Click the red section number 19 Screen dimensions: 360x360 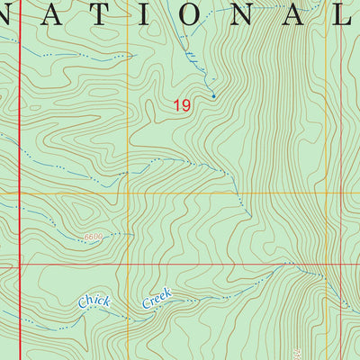coord(182,105)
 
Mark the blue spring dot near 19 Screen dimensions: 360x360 coord(213,95)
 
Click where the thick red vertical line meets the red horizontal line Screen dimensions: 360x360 coord(20,265)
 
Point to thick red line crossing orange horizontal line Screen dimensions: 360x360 coord(20,193)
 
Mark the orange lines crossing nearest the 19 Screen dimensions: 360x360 coord(129,193)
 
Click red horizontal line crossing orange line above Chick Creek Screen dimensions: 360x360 coord(129,265)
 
